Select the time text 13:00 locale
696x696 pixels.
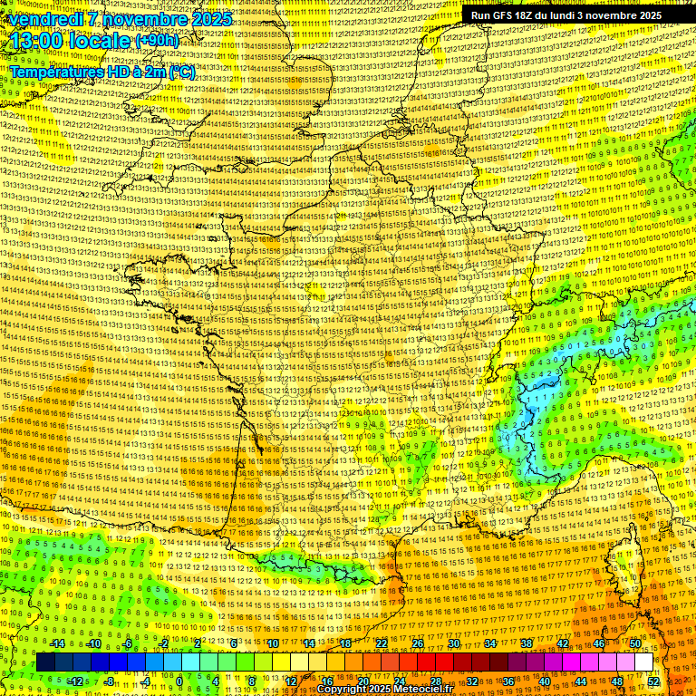click(x=71, y=42)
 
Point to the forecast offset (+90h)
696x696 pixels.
click(x=158, y=41)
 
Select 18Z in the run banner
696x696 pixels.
click(x=528, y=15)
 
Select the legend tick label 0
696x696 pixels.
click(x=180, y=681)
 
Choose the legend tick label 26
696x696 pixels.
click(x=418, y=643)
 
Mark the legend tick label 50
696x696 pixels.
click(x=635, y=643)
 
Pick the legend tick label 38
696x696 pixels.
click(x=527, y=643)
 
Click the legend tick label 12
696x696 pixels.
click(x=291, y=681)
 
